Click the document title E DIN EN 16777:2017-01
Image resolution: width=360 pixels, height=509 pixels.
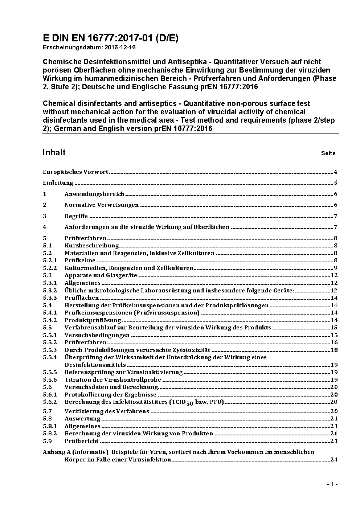(111, 38)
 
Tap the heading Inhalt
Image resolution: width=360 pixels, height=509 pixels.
(54, 152)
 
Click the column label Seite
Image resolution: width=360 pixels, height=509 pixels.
(328, 153)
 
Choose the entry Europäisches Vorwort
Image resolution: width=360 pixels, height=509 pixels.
(75, 172)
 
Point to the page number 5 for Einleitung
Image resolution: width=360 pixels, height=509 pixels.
(336, 183)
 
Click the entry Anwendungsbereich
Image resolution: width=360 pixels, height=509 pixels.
(94, 194)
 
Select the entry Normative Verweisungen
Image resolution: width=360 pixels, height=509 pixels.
(102, 205)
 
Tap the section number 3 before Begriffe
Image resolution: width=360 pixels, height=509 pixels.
(45, 216)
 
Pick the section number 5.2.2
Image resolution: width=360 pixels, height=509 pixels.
(50, 268)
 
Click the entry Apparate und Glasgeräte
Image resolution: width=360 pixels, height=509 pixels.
(101, 275)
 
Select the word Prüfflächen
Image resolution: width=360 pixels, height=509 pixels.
(82, 298)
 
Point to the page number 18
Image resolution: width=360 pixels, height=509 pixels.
(334, 350)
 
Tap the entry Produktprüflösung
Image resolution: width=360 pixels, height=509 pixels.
(93, 320)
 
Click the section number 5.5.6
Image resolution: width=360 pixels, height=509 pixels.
(50, 380)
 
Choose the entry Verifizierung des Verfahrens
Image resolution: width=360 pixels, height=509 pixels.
(107, 411)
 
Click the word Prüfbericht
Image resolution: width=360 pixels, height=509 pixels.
(82, 441)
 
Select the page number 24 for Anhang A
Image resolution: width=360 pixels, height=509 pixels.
(334, 460)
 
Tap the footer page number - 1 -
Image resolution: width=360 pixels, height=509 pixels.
(332, 484)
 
